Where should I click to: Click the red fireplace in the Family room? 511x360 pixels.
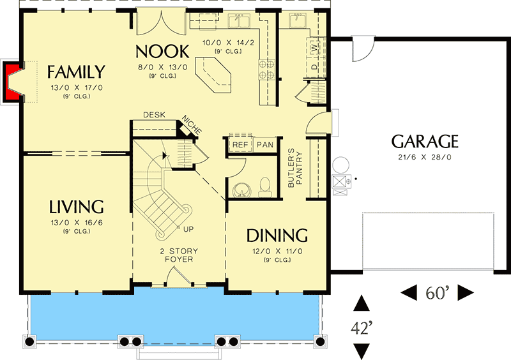click(8, 82)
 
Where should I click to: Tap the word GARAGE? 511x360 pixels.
click(425, 142)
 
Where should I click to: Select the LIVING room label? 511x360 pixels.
click(76, 207)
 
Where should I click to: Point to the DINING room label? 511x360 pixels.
click(277, 236)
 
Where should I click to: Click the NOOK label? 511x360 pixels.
click(162, 52)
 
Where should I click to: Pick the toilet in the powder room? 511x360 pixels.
click(265, 187)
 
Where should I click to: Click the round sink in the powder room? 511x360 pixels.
click(242, 190)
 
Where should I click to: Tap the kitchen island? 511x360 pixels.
click(213, 75)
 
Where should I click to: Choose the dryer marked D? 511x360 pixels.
click(314, 68)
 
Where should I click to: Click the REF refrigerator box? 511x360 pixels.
click(240, 144)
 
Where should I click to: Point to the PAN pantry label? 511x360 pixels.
click(265, 144)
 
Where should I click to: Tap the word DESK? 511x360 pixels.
click(154, 115)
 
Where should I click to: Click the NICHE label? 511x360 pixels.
click(192, 124)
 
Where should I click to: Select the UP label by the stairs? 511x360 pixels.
click(188, 229)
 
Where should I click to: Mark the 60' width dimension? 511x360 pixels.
click(438, 292)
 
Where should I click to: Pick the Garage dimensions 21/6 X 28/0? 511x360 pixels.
click(425, 157)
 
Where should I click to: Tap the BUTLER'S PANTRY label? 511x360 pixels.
click(295, 168)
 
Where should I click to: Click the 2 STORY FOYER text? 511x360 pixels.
click(179, 255)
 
